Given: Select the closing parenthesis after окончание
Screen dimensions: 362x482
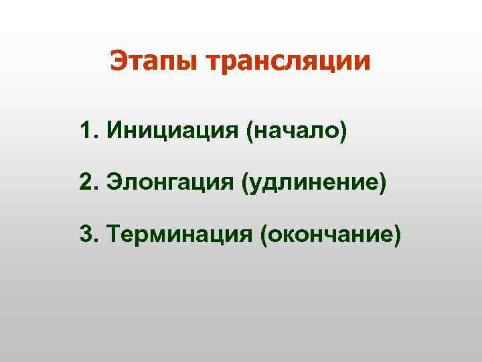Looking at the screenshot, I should [x=398, y=235].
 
